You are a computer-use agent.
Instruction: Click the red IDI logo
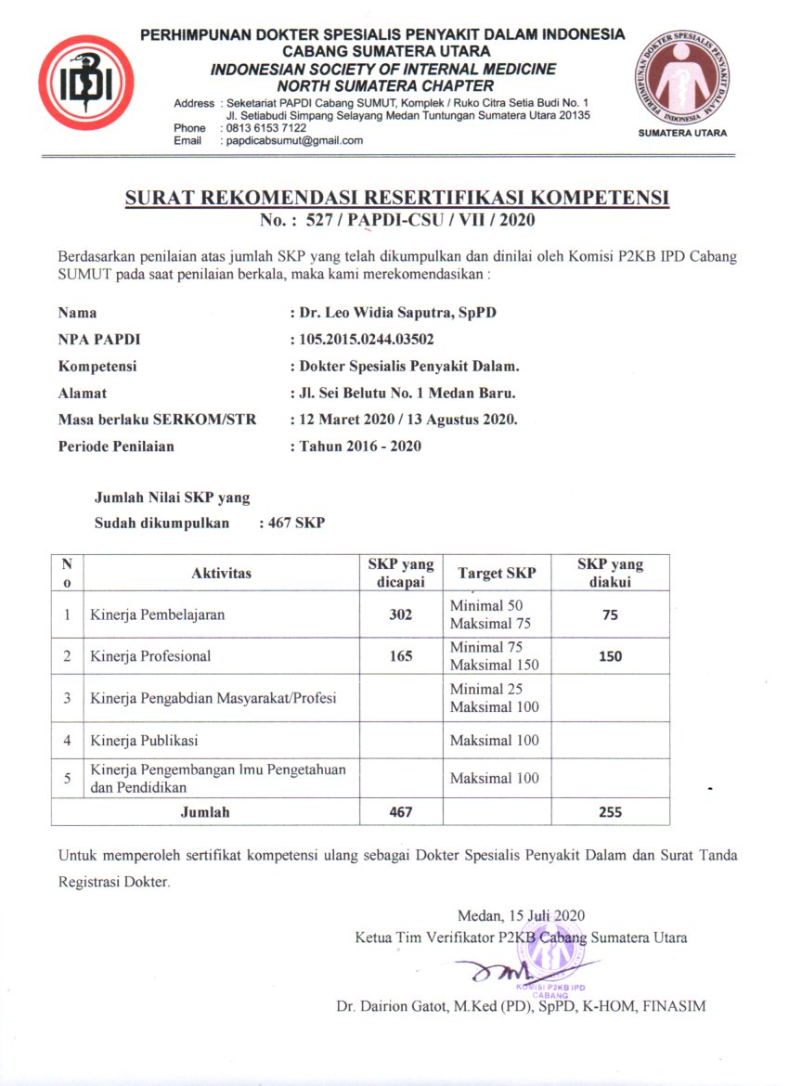coord(86,82)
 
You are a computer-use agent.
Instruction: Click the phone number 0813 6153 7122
coord(265,127)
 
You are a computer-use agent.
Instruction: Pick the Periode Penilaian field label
coord(116,446)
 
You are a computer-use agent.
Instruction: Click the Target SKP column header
coord(497,574)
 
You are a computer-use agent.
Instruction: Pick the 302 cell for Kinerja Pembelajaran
coord(400,614)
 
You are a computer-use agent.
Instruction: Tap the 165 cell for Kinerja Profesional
coord(400,656)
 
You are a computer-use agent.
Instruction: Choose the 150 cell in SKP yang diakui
coord(610,656)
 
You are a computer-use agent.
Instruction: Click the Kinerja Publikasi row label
coord(144,741)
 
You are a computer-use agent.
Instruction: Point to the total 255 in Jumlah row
coord(610,812)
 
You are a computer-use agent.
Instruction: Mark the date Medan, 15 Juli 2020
coord(522,915)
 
